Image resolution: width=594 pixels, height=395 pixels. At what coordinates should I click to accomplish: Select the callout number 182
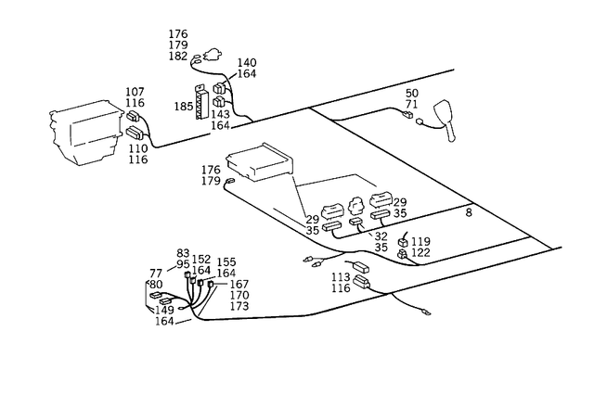click(178, 57)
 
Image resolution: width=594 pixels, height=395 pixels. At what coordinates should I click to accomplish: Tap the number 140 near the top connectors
click(247, 62)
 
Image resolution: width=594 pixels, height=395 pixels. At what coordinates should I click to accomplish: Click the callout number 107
click(136, 92)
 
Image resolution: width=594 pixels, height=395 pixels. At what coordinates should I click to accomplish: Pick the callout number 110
click(137, 148)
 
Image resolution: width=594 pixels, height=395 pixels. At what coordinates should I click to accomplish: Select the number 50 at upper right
click(412, 94)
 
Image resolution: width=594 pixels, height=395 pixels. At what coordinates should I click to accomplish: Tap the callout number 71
click(412, 106)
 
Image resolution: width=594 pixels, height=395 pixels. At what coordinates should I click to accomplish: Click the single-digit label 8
click(469, 213)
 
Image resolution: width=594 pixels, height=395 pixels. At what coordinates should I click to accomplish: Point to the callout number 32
click(381, 236)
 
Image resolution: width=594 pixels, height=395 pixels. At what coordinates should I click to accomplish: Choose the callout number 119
click(421, 241)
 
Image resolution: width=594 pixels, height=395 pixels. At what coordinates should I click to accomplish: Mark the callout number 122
click(421, 252)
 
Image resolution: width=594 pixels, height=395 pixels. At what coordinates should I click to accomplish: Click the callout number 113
click(340, 276)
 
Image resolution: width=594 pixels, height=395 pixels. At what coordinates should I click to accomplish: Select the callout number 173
click(239, 306)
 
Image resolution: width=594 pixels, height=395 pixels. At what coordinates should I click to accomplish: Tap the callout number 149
click(165, 311)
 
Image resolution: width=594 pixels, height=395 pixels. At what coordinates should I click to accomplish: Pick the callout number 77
click(156, 274)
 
